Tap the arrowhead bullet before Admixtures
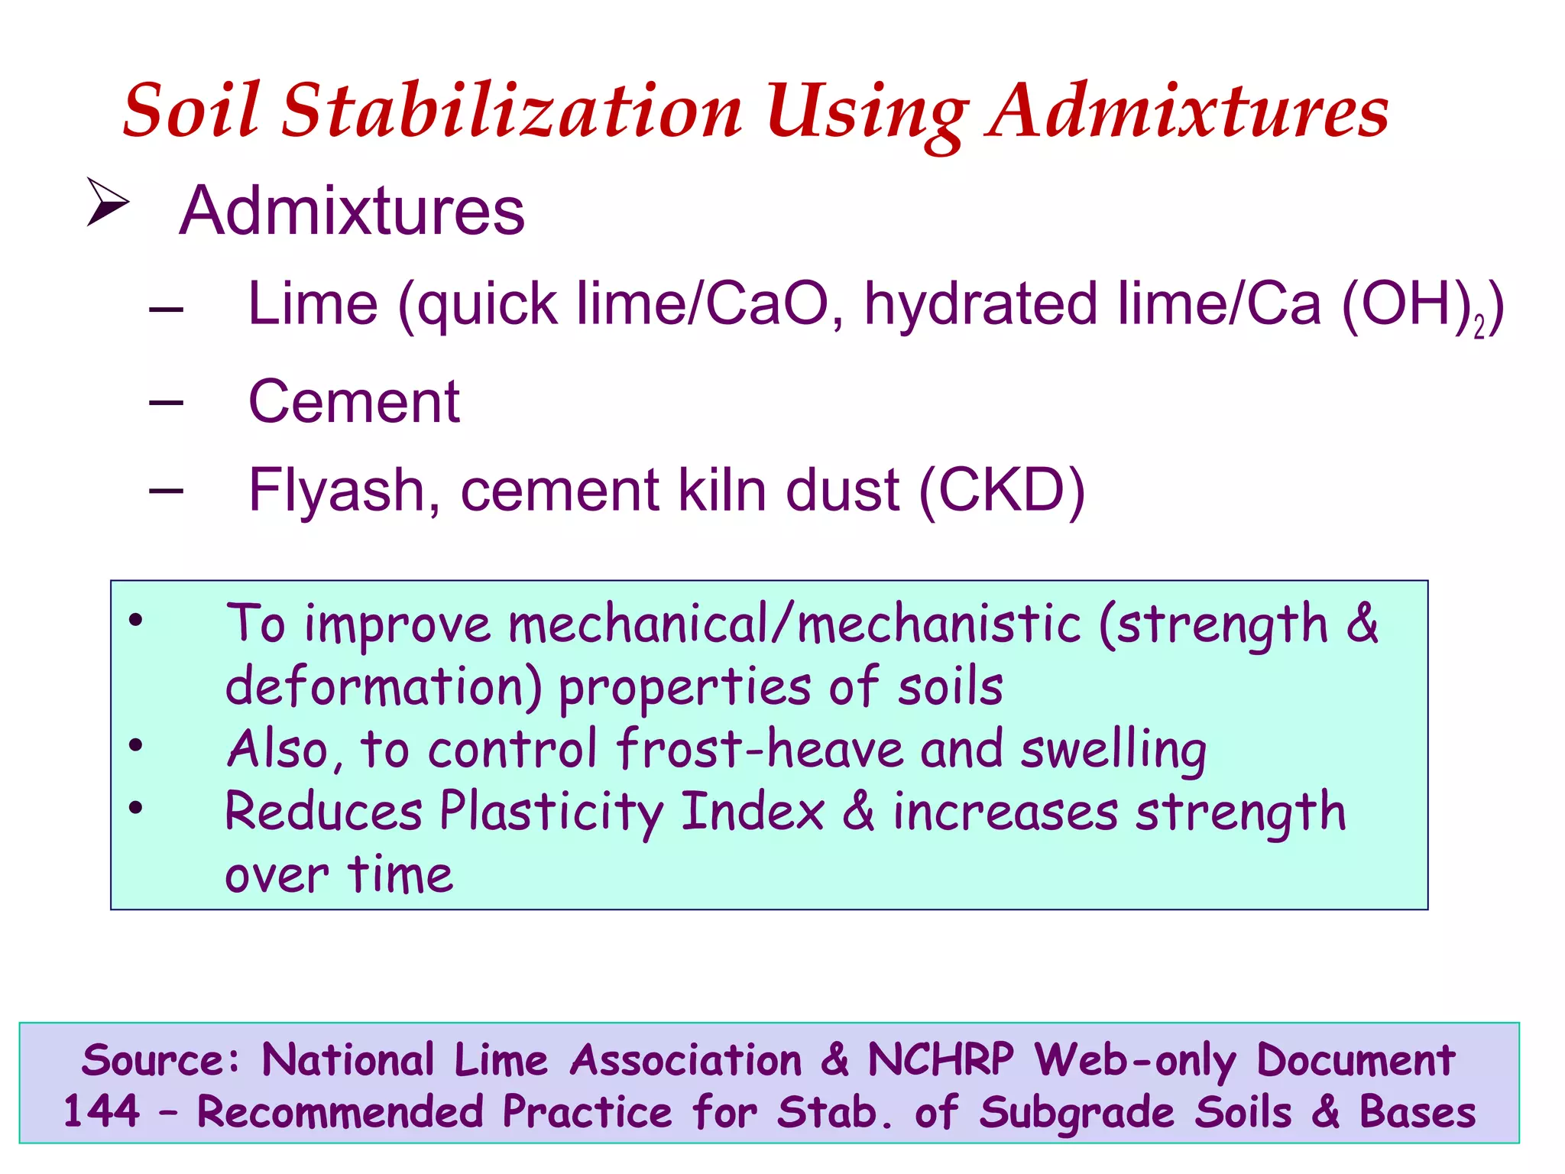[x=107, y=202]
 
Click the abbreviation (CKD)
[x=1002, y=490]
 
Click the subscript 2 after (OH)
[x=1479, y=327]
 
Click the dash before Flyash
[x=166, y=490]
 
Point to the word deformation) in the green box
[x=384, y=686]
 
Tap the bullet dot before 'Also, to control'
[x=136, y=745]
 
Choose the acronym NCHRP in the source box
[x=941, y=1060]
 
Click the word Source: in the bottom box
[x=160, y=1060]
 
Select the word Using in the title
[x=867, y=112]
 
